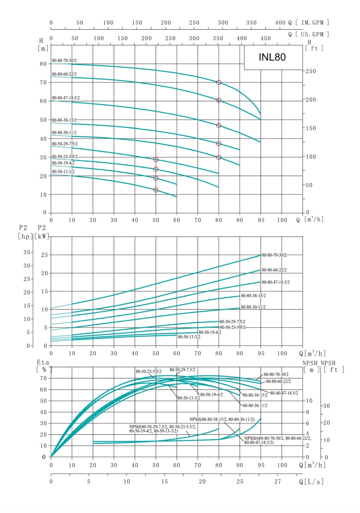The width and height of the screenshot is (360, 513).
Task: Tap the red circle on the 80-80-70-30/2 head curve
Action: pos(219,83)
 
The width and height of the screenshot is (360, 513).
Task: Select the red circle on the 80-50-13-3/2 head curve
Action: pos(156,190)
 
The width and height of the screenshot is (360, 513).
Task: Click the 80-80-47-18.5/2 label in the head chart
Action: pos(66,98)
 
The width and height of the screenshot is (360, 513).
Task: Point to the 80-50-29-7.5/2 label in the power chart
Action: pos(233,321)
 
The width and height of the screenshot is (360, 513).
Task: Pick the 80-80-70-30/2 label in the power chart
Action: pos(274,255)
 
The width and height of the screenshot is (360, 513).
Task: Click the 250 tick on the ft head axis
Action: pos(315,71)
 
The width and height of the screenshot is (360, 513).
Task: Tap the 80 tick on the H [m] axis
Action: pos(43,64)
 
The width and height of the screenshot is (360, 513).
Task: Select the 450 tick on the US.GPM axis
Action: pos(266,38)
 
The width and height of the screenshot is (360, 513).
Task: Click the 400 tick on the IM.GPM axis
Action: pos(280,23)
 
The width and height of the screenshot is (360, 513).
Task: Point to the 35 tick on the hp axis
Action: pos(27,252)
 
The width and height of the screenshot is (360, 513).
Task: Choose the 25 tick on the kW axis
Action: pos(43,255)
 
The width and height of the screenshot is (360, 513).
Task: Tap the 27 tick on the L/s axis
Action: pos(278,481)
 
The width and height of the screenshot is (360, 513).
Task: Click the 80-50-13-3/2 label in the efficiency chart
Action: pos(189,398)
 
